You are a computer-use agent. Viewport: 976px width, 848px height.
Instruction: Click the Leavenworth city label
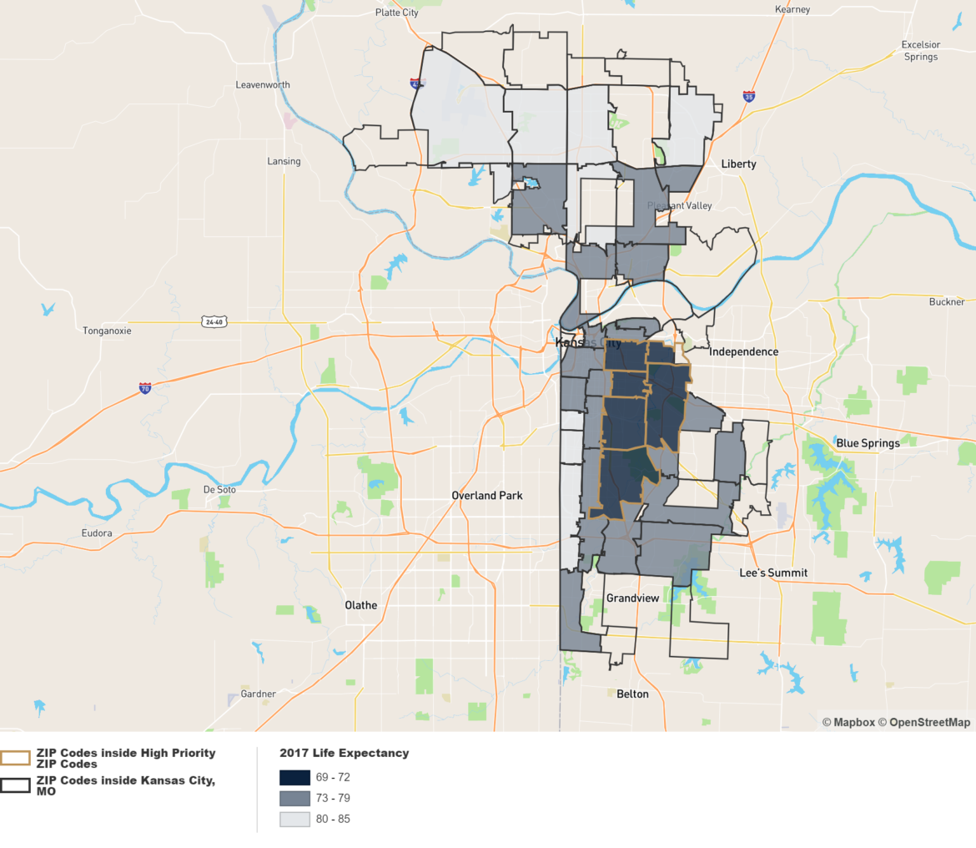pyautogui.click(x=263, y=85)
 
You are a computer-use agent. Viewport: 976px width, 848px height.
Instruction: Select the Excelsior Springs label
pyautogui.click(x=920, y=51)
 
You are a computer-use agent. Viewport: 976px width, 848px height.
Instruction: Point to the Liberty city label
pyautogui.click(x=738, y=164)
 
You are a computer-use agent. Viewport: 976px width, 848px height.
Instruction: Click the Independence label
pyautogui.click(x=743, y=351)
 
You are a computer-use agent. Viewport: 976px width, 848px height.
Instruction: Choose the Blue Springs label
pyautogui.click(x=868, y=443)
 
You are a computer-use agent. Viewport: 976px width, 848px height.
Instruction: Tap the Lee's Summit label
pyautogui.click(x=773, y=573)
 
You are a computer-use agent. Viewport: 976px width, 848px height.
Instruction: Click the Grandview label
pyautogui.click(x=633, y=598)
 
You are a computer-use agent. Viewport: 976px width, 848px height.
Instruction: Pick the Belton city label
pyautogui.click(x=632, y=694)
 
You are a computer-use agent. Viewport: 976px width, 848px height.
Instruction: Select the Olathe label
pyautogui.click(x=361, y=605)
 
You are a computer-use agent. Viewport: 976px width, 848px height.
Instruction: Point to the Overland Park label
pyautogui.click(x=487, y=495)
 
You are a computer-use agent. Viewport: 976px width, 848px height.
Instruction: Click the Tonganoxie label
pyautogui.click(x=107, y=331)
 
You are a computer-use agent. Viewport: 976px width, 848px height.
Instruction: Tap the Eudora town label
pyautogui.click(x=96, y=533)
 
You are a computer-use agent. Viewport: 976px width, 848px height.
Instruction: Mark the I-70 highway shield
pyautogui.click(x=145, y=388)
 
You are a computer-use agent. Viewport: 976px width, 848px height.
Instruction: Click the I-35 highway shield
pyautogui.click(x=749, y=97)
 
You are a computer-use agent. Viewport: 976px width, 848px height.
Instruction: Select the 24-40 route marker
pyautogui.click(x=214, y=321)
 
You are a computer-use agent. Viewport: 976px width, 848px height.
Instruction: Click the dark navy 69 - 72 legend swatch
pyautogui.click(x=294, y=778)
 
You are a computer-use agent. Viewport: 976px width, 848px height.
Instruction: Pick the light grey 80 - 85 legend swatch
pyautogui.click(x=294, y=819)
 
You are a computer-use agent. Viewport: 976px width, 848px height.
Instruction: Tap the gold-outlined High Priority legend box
pyautogui.click(x=16, y=758)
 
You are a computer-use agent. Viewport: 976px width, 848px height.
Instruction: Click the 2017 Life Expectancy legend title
pyautogui.click(x=345, y=753)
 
